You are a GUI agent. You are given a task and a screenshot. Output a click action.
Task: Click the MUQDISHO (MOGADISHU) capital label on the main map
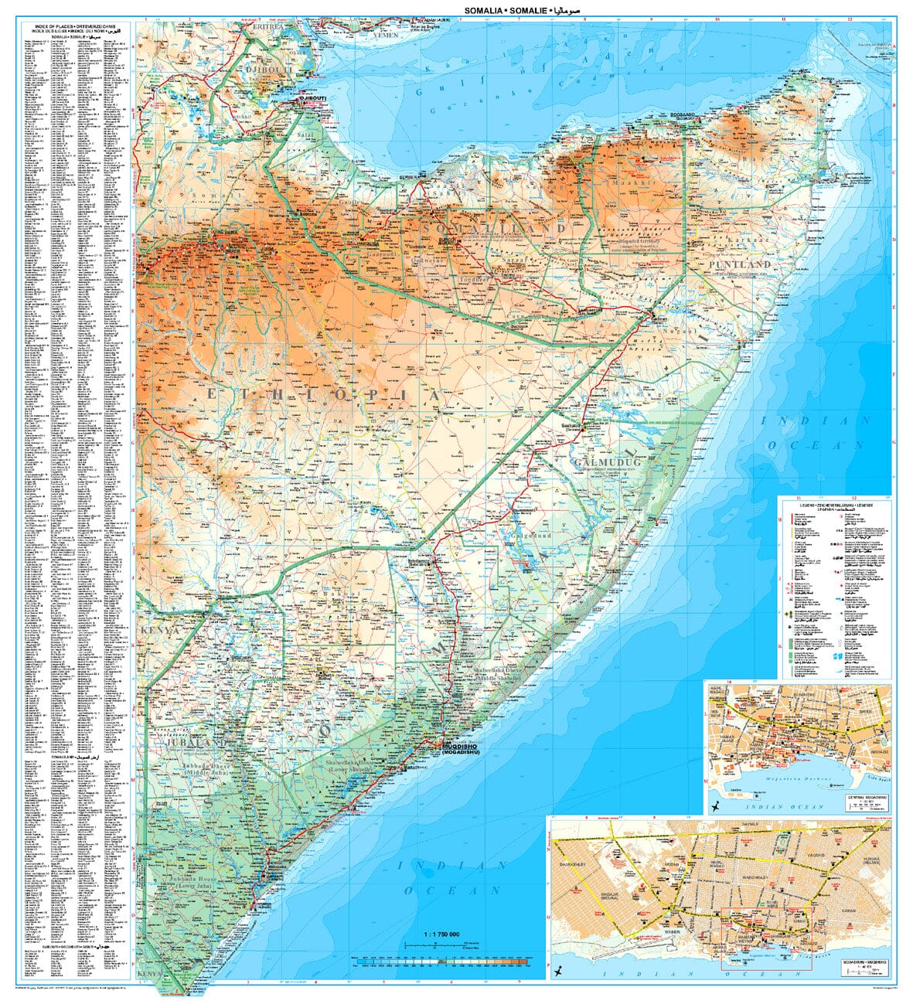pyautogui.click(x=462, y=749)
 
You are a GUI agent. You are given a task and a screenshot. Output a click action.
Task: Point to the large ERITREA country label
pyautogui.click(x=259, y=26)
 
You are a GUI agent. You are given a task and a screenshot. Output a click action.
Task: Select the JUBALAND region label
pyautogui.click(x=196, y=743)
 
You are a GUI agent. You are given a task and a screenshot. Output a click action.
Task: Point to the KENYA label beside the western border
pyautogui.click(x=159, y=631)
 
